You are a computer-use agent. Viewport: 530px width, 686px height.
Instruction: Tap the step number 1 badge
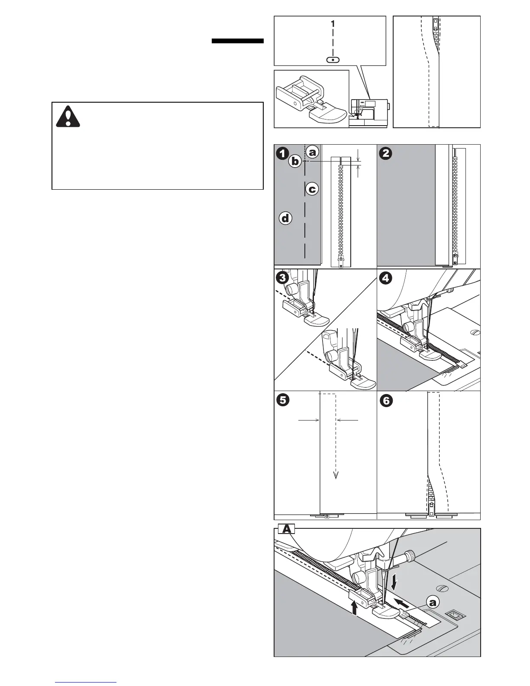pyautogui.click(x=282, y=153)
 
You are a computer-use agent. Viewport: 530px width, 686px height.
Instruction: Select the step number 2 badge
pyautogui.click(x=385, y=153)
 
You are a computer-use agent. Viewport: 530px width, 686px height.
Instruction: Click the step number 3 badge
pyautogui.click(x=282, y=278)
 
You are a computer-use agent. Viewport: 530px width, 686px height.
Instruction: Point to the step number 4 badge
pyautogui.click(x=385, y=278)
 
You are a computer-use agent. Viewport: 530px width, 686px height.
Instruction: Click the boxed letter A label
pyautogui.click(x=286, y=529)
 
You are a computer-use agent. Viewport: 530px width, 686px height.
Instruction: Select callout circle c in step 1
pyautogui.click(x=312, y=189)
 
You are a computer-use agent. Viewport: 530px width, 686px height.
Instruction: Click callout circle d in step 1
pyautogui.click(x=285, y=219)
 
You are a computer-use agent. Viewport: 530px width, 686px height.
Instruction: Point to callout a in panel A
pyautogui.click(x=432, y=602)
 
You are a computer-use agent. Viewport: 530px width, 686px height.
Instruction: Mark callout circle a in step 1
pyautogui.click(x=313, y=152)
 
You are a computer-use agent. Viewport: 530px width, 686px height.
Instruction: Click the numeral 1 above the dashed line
pyautogui.click(x=332, y=25)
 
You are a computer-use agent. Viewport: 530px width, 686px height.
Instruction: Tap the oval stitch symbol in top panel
pyautogui.click(x=332, y=60)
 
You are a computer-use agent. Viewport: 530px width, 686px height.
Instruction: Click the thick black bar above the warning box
pyautogui.click(x=238, y=41)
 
